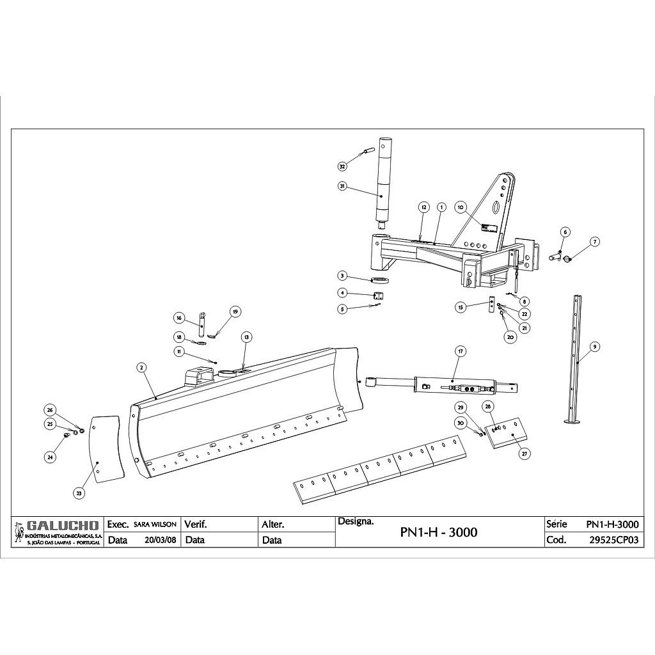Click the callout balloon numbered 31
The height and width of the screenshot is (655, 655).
point(342,186)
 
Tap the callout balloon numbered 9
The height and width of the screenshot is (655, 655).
point(595,347)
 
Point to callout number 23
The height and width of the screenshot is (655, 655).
point(79,493)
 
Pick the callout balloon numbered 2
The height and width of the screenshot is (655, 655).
point(141,367)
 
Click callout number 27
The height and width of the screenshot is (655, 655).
point(525,454)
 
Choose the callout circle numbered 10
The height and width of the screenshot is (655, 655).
point(460,207)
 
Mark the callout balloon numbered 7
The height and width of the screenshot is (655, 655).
point(595,242)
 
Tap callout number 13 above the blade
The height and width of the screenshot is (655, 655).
point(246,336)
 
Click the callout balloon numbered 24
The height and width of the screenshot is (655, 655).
point(50,457)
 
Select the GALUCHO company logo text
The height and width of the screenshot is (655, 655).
point(61,526)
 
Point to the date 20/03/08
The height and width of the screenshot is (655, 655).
point(161,539)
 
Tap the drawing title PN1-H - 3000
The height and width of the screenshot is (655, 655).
point(438,532)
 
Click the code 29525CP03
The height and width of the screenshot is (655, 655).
point(614,539)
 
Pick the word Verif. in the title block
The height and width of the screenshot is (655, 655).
point(196,524)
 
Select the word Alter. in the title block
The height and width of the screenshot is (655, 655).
point(273,524)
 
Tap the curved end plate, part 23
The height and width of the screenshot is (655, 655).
point(106,448)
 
